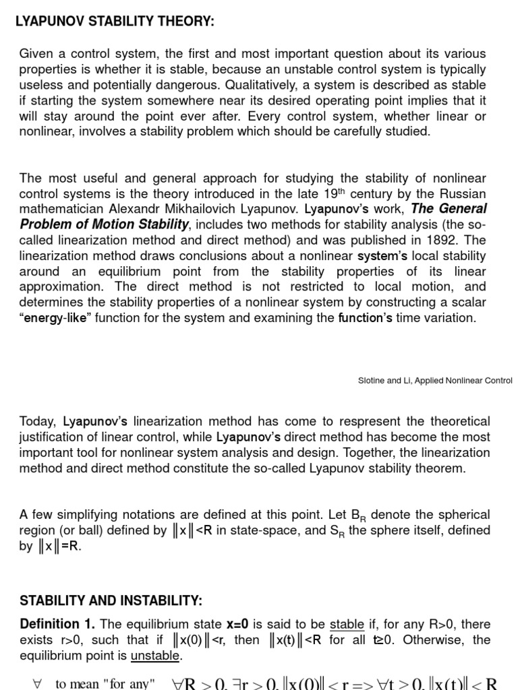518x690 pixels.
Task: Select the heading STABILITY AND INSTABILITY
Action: [x=111, y=600]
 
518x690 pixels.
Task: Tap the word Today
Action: [x=39, y=421]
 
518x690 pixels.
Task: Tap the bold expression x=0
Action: [x=237, y=624]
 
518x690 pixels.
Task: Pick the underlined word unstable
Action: [x=155, y=656]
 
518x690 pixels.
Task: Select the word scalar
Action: [x=467, y=303]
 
